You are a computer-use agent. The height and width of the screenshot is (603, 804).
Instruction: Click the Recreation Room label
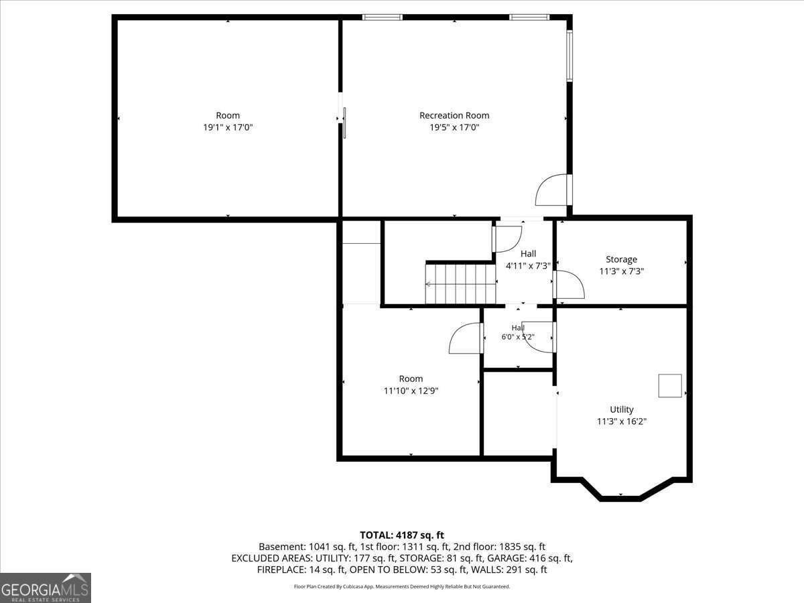coord(454,115)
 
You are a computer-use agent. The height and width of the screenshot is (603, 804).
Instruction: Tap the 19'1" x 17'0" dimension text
coord(228,127)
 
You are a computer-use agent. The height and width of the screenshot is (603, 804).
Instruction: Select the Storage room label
coord(621,259)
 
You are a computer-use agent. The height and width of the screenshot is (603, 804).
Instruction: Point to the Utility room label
coord(622,409)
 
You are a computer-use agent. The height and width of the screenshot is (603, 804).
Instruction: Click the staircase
coord(461,283)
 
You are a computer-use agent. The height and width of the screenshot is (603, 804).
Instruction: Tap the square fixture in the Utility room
coord(670,385)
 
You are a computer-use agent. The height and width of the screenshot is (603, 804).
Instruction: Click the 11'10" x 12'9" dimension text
coord(411,391)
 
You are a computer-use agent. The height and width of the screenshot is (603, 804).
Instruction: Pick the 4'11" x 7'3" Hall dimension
coord(528,266)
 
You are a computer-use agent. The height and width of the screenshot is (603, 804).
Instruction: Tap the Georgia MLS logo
coord(46,588)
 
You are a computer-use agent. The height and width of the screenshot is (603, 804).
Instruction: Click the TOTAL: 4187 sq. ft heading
coord(402,535)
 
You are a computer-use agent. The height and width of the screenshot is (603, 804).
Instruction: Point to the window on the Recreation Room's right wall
coord(569,56)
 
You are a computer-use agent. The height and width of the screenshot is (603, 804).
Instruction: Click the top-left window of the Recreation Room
coord(383,17)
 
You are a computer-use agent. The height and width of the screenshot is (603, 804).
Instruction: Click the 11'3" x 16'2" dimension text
coord(622,421)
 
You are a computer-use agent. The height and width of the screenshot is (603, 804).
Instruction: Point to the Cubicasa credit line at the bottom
coord(402,586)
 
